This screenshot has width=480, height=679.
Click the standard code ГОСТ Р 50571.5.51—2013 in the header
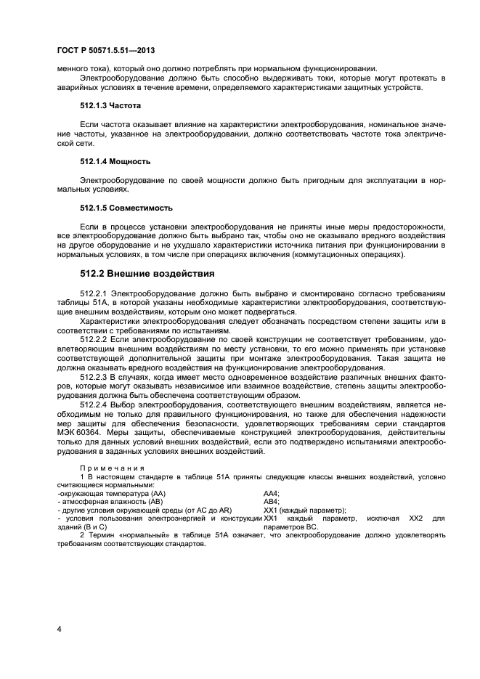tap(105, 50)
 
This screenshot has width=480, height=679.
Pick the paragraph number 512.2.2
tap(95, 338)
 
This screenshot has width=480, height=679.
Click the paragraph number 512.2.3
tap(95, 376)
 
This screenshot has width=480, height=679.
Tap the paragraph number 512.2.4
tap(95, 404)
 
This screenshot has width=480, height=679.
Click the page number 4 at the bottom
tap(59, 628)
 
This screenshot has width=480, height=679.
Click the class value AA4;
tap(271, 492)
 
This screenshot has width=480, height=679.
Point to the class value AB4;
tap(271, 501)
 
